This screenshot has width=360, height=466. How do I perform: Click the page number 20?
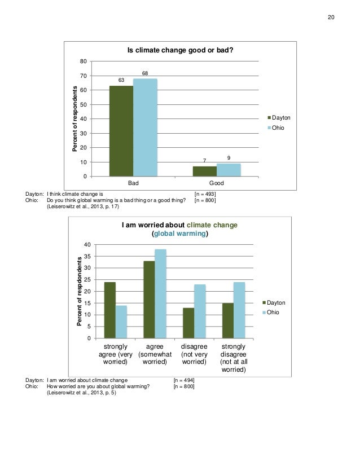[x=331, y=17]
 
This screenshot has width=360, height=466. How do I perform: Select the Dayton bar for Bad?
[x=121, y=131]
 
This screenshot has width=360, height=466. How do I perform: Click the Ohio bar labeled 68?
[x=145, y=128]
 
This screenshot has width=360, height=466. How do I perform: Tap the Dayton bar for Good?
[x=205, y=172]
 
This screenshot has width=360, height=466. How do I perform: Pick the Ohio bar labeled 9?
[x=229, y=170]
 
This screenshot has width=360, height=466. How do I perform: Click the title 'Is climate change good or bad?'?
[x=180, y=50]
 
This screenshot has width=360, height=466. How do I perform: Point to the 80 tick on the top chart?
[x=84, y=61]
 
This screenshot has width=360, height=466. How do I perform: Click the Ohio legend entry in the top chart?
[x=276, y=128]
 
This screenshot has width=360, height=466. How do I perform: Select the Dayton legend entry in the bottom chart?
[x=274, y=303]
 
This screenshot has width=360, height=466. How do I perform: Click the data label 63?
[x=121, y=80]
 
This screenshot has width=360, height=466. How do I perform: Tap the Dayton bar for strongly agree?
[x=110, y=310]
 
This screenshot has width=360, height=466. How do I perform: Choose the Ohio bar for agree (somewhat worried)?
[x=160, y=293]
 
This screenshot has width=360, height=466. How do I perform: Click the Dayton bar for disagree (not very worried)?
[x=188, y=323]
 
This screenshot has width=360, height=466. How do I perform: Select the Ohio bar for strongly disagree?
[x=239, y=310]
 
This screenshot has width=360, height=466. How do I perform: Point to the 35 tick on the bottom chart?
[x=87, y=256]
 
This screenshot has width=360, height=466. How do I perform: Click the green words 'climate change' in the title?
[x=212, y=225]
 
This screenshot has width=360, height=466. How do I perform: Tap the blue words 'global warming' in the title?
[x=180, y=234]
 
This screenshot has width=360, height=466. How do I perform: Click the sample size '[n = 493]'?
[x=205, y=194]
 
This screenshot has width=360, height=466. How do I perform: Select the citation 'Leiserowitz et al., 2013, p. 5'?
[x=81, y=393]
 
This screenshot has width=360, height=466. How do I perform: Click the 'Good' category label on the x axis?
[x=217, y=183]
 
